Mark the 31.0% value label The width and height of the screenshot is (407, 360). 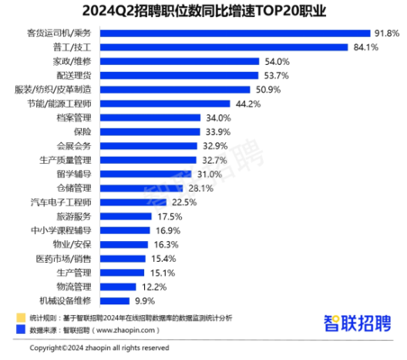click(x=210, y=174)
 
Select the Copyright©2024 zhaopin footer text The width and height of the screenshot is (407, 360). click(x=87, y=347)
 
